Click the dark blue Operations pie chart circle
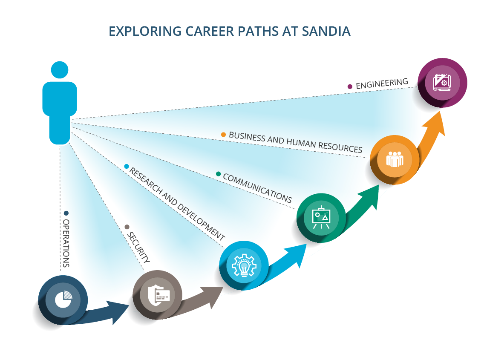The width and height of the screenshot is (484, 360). (x=63, y=300)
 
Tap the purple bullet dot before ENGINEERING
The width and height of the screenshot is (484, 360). (x=350, y=86)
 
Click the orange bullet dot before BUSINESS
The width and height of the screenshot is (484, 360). (x=223, y=135)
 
